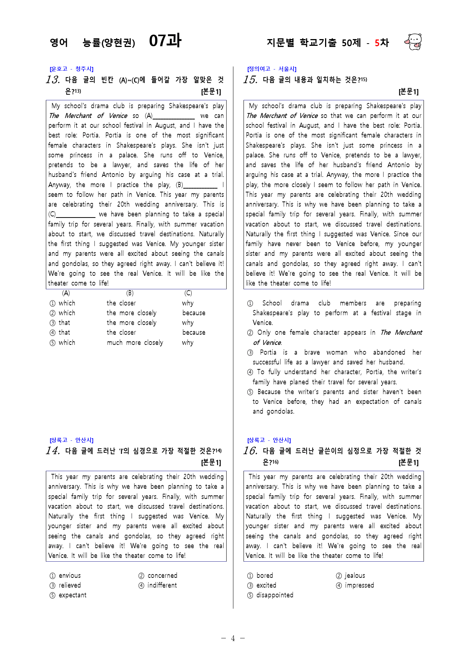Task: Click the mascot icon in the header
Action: point(413,42)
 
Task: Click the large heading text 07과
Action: point(165,41)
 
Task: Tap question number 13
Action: point(53,80)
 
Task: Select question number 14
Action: point(53,450)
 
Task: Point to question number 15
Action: point(250,80)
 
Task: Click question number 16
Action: point(250,450)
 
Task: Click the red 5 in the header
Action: point(377,43)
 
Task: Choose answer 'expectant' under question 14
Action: point(73,595)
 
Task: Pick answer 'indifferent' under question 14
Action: point(162,585)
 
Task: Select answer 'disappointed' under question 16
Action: point(275,595)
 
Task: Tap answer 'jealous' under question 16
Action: point(355,576)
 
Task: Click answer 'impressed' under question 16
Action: point(359,585)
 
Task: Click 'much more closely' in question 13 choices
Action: point(135,343)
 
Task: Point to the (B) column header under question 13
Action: point(130,293)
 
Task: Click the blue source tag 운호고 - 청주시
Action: point(71,69)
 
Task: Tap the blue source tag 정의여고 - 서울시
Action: point(272,69)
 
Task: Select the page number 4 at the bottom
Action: point(233,638)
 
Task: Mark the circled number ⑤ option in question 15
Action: point(250,392)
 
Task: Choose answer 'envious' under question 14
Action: point(70,576)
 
